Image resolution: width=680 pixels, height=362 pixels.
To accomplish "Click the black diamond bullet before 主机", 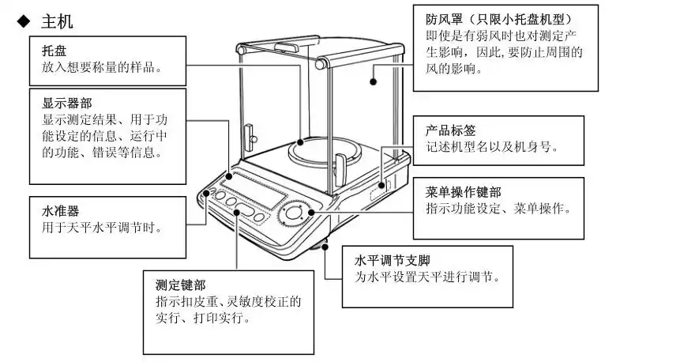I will pyautogui.click(x=23, y=21).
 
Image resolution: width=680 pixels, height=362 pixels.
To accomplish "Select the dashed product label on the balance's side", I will pyautogui.click(x=381, y=187).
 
